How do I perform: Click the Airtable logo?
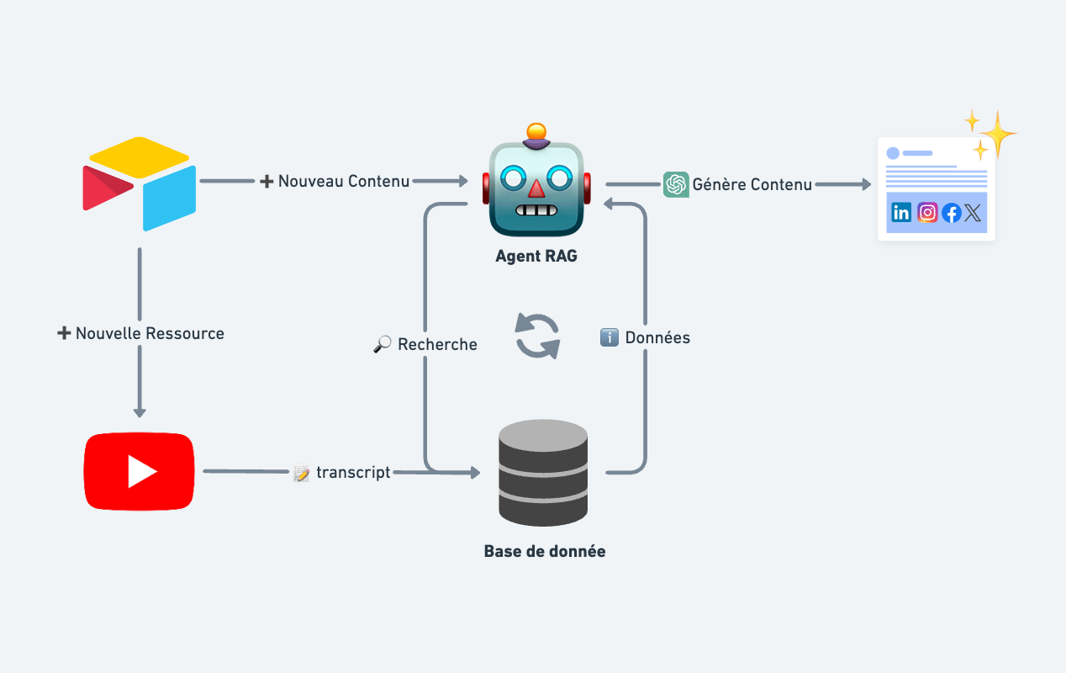[139, 184]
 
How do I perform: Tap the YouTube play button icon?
[139, 472]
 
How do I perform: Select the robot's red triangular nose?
[536, 188]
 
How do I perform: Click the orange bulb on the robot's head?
[536, 131]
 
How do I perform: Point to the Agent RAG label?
[536, 256]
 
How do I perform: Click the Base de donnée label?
[545, 551]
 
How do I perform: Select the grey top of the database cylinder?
[543, 435]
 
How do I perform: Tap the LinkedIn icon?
[901, 213]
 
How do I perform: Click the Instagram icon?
[927, 213]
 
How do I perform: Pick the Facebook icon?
[952, 213]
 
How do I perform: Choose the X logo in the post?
[973, 213]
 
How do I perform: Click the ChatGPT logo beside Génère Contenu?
[676, 184]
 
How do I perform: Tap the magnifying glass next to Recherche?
[383, 344]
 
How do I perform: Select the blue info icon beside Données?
[610, 337]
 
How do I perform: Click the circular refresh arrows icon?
[537, 336]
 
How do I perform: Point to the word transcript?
[353, 472]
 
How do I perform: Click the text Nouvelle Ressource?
[150, 333]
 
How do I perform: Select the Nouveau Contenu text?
[344, 181]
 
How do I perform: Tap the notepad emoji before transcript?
[301, 473]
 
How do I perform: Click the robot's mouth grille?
[536, 210]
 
